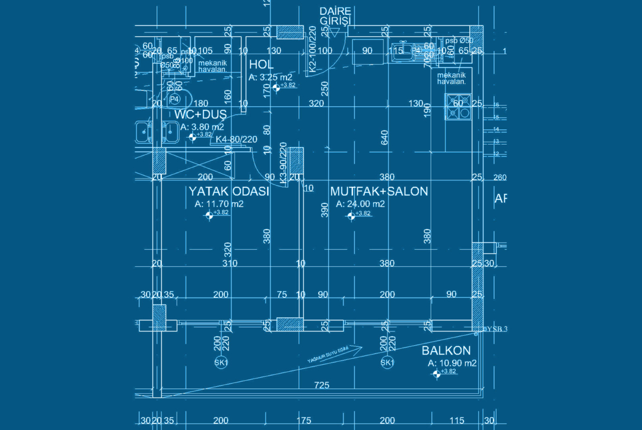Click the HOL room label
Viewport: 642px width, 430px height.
[x=261, y=65]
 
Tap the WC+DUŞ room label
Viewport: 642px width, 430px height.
[x=200, y=114]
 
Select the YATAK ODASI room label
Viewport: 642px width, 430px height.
[x=228, y=192]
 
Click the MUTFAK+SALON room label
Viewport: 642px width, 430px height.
[x=379, y=191]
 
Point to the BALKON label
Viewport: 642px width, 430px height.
[x=446, y=351]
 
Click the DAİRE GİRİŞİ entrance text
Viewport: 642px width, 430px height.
[x=335, y=16]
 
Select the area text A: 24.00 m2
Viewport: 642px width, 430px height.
[x=361, y=204]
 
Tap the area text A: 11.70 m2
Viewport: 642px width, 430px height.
[x=219, y=204]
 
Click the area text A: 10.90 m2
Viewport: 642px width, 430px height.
[x=452, y=363]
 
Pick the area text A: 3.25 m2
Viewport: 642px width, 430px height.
[x=271, y=77]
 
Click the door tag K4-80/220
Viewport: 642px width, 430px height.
[x=236, y=140]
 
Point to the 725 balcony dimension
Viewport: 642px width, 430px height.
[x=322, y=385]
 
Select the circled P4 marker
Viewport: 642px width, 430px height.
[x=174, y=99]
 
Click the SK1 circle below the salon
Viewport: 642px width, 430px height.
[x=387, y=363]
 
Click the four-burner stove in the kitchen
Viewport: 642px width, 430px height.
[x=458, y=107]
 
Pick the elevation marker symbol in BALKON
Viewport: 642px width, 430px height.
[x=436, y=374]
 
